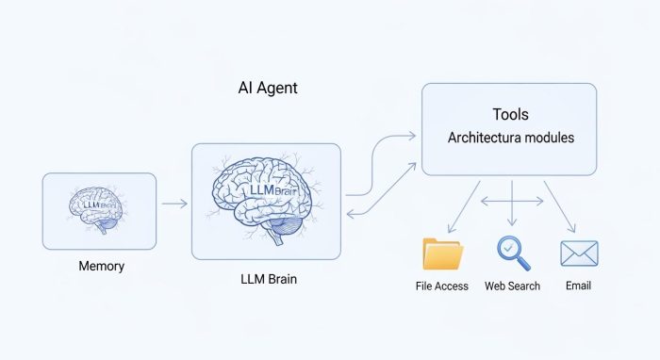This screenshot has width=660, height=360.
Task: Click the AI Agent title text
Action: pyautogui.click(x=268, y=89)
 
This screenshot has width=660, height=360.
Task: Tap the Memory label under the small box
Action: pyautogui.click(x=101, y=267)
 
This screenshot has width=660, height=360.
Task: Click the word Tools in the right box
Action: pyautogui.click(x=510, y=115)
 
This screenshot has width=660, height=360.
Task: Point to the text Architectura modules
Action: pyautogui.click(x=510, y=138)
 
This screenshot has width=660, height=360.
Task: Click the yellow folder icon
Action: pyautogui.click(x=442, y=254)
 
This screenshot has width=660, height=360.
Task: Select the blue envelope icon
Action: pyautogui.click(x=579, y=254)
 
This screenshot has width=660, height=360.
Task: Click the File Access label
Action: pyautogui.click(x=441, y=286)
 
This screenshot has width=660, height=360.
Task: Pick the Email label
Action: pyautogui.click(x=579, y=286)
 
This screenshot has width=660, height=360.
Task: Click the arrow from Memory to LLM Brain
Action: pyautogui.click(x=173, y=203)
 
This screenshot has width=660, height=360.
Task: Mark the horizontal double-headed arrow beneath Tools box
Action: pyautogui.click(x=512, y=201)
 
